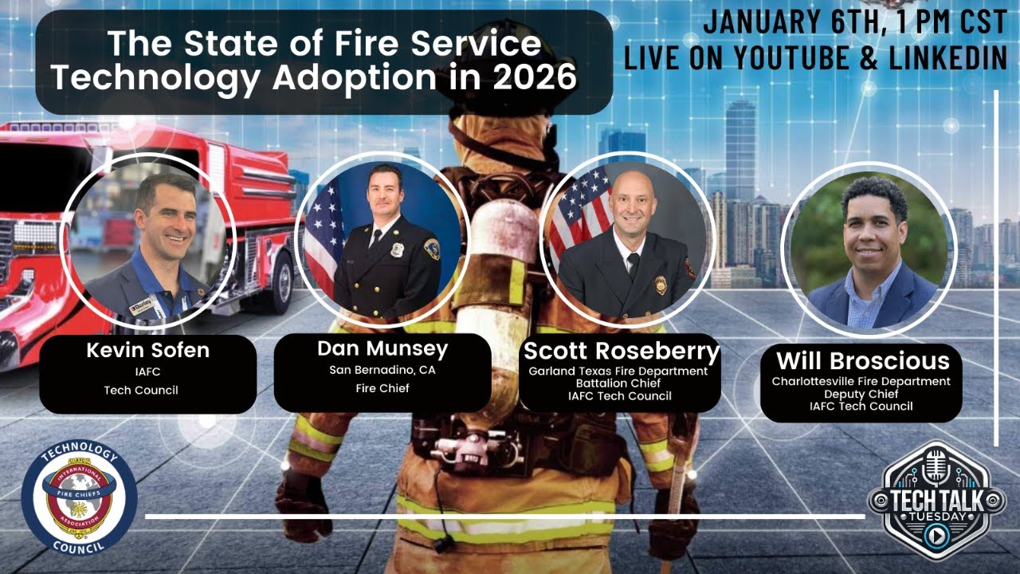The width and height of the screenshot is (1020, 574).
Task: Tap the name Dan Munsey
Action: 382,348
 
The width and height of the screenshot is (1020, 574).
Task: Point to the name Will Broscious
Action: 862,360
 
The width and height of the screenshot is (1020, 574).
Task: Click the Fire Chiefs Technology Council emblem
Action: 79,496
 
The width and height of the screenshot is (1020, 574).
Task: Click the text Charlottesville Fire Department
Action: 861,381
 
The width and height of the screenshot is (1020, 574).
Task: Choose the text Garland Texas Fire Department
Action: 618,371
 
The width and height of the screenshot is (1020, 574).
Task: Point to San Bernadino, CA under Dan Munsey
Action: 382,370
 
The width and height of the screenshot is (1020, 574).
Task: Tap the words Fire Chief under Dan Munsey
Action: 382,388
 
